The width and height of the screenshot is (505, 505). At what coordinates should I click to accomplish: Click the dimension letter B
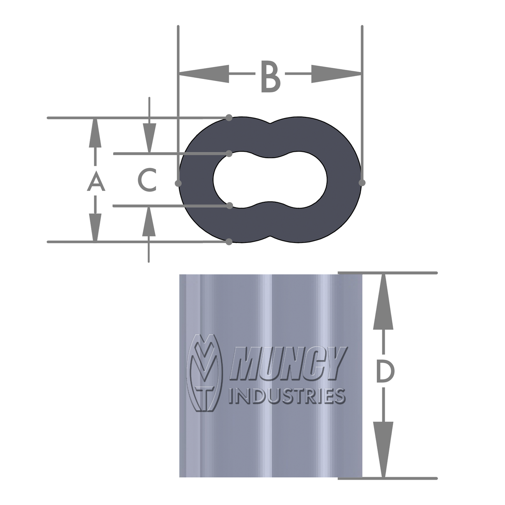[x=270, y=77]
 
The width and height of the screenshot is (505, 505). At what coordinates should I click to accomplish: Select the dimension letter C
[x=147, y=180]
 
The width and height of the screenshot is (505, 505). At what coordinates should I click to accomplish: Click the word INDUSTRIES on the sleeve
[x=287, y=396]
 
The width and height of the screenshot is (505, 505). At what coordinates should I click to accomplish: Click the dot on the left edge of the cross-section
[x=178, y=183]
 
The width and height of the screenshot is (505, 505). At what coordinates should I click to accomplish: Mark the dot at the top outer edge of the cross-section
[x=229, y=118]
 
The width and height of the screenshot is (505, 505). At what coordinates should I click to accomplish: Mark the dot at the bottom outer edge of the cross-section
[x=229, y=242]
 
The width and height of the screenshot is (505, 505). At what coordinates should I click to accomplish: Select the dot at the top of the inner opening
[x=229, y=154]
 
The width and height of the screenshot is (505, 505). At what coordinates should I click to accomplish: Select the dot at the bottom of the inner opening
[x=229, y=205]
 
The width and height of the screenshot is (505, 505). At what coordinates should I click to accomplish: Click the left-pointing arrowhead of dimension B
[x=204, y=74]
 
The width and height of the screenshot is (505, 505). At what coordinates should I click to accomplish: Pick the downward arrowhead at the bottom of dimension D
[x=383, y=449]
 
